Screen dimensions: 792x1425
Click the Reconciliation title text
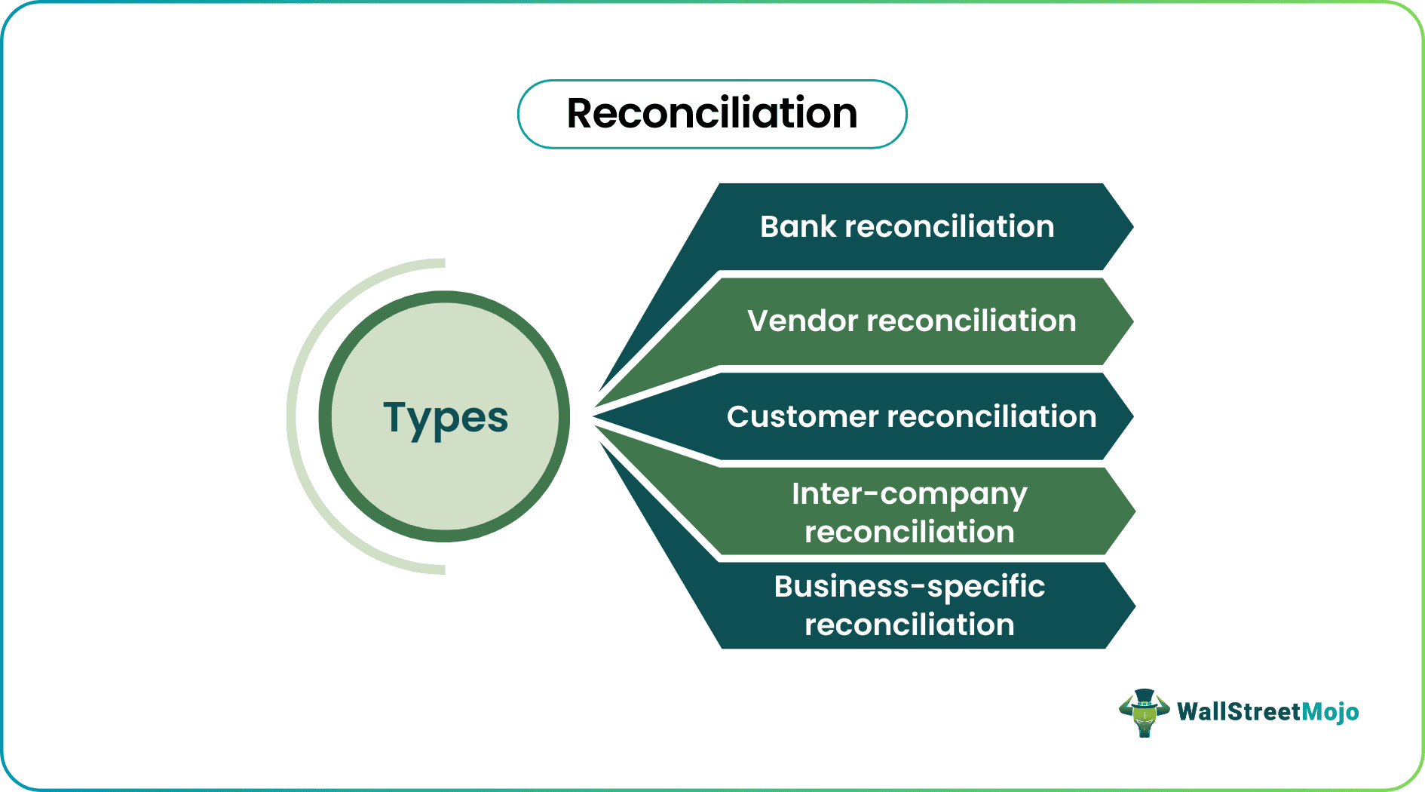[x=712, y=114]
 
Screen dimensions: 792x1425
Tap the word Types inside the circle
[x=446, y=418]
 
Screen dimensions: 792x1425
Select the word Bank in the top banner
[x=798, y=227]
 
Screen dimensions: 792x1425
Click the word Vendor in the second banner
[x=802, y=321]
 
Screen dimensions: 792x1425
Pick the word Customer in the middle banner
[x=802, y=417]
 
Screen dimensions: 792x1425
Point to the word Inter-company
[x=909, y=495]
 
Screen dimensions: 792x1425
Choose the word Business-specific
[x=909, y=587]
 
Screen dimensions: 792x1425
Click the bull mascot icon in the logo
[x=1144, y=714]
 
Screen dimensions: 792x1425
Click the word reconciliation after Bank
[x=949, y=227]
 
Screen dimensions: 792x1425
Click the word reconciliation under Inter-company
[x=909, y=533]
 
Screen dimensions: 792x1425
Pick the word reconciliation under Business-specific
[x=909, y=625]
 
